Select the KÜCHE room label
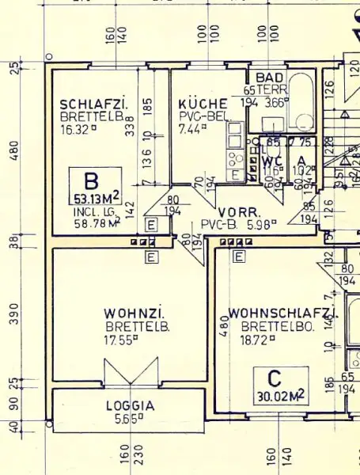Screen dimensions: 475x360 tap(203, 104)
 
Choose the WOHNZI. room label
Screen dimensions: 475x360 tap(134, 314)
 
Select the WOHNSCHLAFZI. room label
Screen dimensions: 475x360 tap(282, 313)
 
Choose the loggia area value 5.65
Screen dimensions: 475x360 tap(127, 420)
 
